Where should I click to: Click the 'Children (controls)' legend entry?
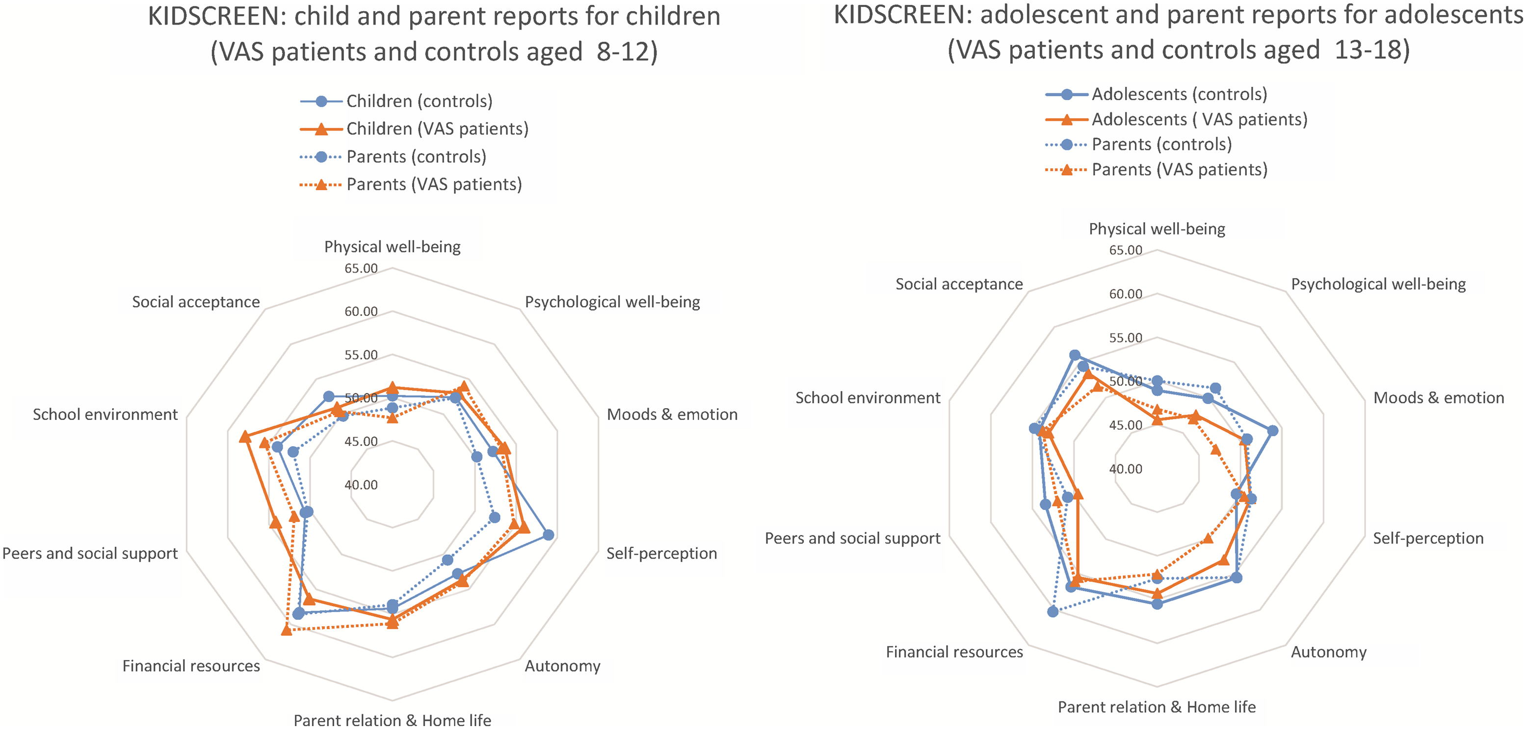click(x=419, y=102)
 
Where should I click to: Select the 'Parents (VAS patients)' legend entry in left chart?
click(x=433, y=185)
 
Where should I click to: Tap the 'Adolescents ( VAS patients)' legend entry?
click(x=1199, y=120)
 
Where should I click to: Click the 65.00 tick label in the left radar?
click(x=361, y=268)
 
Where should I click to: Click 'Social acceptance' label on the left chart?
click(x=196, y=302)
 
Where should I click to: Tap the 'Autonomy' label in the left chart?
click(x=562, y=666)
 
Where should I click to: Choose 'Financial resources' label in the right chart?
click(x=954, y=652)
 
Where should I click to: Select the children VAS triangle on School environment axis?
click(x=244, y=437)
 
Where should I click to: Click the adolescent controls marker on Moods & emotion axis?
click(x=1272, y=431)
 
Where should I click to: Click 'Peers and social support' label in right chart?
click(x=852, y=539)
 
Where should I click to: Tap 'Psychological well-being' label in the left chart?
click(x=612, y=302)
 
